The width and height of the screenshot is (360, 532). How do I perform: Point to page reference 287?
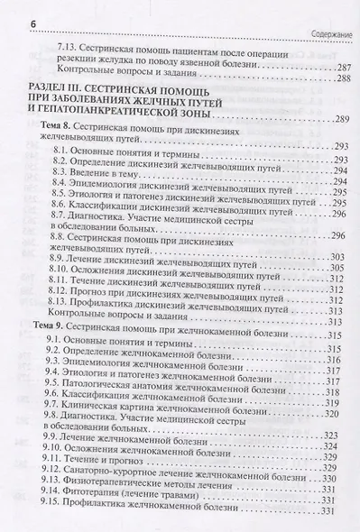(338, 68)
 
